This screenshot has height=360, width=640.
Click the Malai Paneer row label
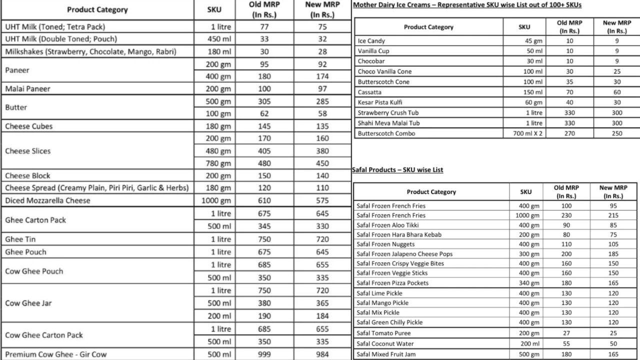27,89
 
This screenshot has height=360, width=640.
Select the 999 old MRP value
264,354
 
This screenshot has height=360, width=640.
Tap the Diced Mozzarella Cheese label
47,200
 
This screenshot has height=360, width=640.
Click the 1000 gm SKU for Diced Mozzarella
216,200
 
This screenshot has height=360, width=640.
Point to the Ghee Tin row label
20,239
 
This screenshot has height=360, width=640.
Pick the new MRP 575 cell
322,200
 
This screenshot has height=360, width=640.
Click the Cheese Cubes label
28,126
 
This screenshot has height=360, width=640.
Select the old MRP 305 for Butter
264,101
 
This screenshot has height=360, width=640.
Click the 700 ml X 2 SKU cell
527,133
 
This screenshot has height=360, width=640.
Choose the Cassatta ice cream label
369,92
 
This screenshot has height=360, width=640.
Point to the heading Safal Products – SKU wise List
397,170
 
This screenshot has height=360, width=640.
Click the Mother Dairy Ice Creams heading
467,5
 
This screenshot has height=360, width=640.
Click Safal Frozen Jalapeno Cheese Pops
404,254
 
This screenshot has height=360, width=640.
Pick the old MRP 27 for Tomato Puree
565,333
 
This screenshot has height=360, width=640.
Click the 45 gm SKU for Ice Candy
533,41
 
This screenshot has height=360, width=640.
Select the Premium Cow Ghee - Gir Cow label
56,354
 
